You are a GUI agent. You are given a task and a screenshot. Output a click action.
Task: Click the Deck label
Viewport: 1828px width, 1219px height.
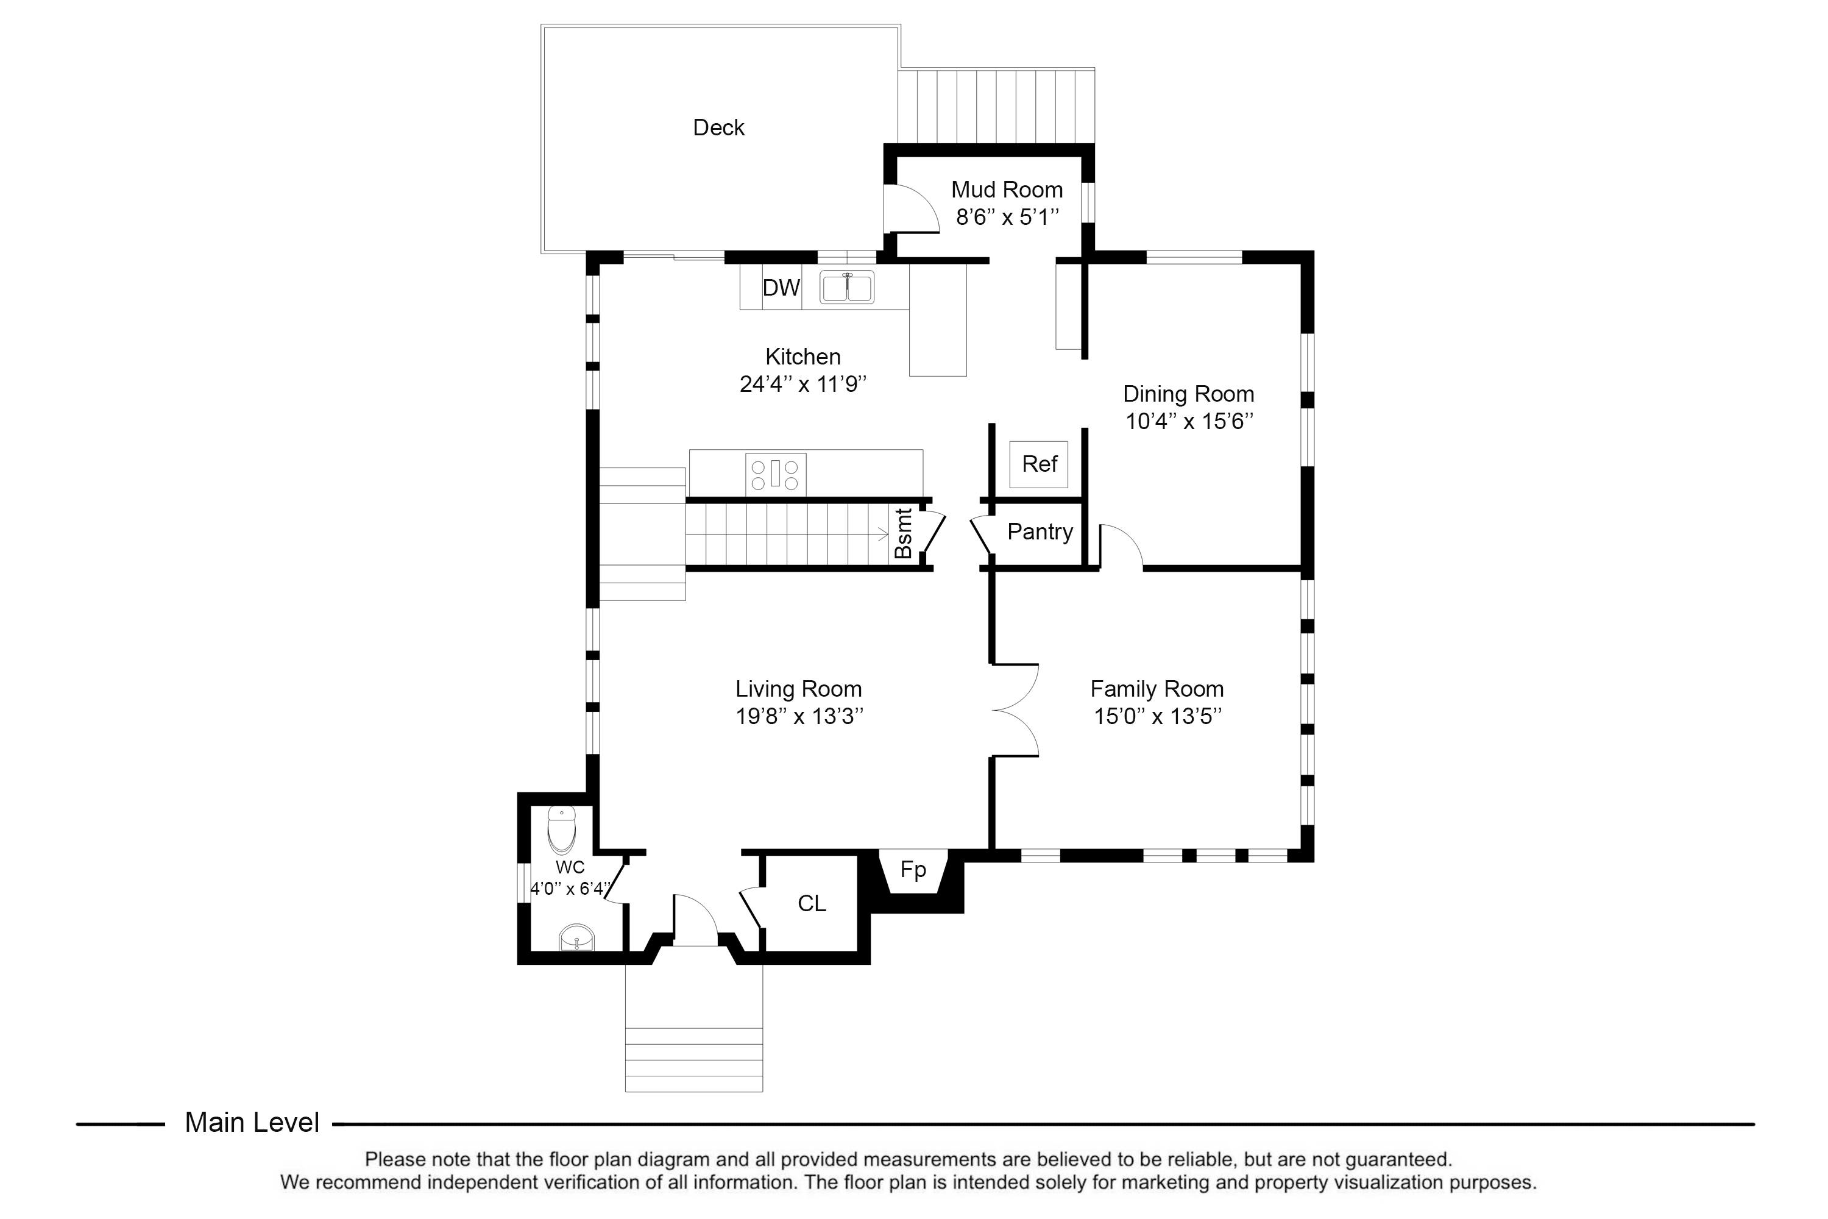[718, 127]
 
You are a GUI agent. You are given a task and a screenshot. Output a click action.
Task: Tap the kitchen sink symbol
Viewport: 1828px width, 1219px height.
[846, 287]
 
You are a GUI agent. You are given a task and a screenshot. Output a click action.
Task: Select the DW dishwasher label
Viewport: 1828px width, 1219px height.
[781, 288]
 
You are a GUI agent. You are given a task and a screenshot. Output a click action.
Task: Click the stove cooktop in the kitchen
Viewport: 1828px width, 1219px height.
[775, 474]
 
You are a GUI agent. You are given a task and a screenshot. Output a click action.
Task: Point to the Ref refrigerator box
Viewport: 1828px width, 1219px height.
[1039, 464]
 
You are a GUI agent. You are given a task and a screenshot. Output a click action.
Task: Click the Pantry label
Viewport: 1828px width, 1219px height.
[1040, 531]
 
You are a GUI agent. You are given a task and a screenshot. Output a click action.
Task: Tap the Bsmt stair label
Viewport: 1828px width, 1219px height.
[903, 533]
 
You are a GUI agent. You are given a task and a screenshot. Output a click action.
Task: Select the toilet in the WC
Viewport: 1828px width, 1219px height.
[561, 830]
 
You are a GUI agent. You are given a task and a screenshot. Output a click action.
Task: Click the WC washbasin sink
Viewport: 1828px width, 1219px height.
[576, 937]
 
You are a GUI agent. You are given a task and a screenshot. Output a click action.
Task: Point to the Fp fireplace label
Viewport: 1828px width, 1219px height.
[913, 869]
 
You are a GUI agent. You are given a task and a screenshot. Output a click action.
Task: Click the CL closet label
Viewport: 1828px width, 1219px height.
[812, 903]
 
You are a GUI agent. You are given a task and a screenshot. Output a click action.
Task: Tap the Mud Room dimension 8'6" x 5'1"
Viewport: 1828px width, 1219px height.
[1007, 217]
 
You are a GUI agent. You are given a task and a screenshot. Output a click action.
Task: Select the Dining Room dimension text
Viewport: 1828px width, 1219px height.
[1189, 421]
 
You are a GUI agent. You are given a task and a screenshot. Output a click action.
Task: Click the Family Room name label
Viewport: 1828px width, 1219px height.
[1157, 689]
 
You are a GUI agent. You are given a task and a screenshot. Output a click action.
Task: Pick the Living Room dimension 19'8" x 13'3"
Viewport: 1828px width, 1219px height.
[799, 716]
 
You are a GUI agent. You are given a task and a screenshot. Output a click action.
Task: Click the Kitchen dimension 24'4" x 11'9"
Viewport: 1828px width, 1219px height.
[803, 384]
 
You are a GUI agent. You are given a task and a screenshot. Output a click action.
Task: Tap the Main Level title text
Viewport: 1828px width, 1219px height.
[252, 1123]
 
